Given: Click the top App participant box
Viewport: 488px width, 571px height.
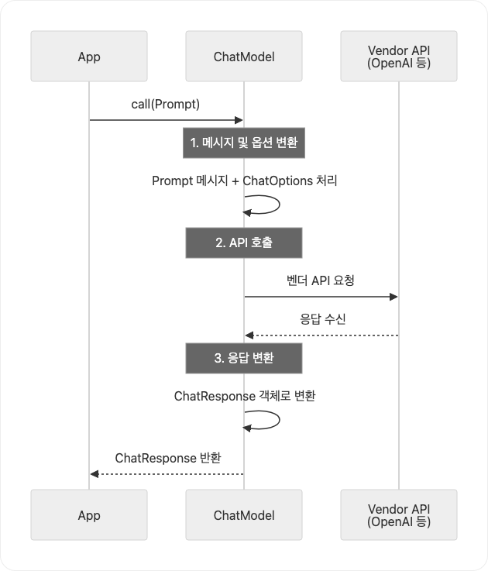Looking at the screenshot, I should (x=89, y=57).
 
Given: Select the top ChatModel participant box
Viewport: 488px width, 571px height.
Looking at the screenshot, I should (x=244, y=57).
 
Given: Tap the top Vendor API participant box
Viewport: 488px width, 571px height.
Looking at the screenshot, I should (x=399, y=57).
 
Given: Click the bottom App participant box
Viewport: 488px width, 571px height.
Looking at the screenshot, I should (x=89, y=515).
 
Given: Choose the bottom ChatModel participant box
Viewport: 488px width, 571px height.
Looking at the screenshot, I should (x=244, y=515).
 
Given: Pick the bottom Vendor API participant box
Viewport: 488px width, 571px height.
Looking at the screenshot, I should (x=399, y=515).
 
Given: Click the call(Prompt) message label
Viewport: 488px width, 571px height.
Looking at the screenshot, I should (x=167, y=104).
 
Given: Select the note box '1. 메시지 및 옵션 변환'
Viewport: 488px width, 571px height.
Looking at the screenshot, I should (x=244, y=143).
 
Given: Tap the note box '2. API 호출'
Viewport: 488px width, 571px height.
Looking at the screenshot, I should (x=244, y=243).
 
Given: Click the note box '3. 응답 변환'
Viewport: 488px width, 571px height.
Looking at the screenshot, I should (x=244, y=358).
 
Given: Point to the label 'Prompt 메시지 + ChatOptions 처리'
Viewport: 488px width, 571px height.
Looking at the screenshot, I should (x=244, y=181).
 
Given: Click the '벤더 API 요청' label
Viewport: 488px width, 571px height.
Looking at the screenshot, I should (x=321, y=280).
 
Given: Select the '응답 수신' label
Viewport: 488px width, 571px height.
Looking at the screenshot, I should (x=321, y=318).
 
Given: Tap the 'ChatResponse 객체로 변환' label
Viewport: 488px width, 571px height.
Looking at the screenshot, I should (x=244, y=396).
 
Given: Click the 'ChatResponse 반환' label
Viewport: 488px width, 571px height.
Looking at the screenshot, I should (x=167, y=457).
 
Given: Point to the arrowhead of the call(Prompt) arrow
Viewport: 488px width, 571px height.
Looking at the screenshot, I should (x=239, y=120).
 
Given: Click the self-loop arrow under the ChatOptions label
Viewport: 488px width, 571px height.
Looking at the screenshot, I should (x=267, y=205).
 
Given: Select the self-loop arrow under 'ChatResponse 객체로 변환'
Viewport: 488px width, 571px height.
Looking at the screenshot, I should (x=267, y=420).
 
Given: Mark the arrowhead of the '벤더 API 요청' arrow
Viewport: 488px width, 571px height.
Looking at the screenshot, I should (x=394, y=297).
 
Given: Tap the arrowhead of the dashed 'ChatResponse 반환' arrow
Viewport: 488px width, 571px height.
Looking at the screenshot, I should (x=94, y=473).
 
